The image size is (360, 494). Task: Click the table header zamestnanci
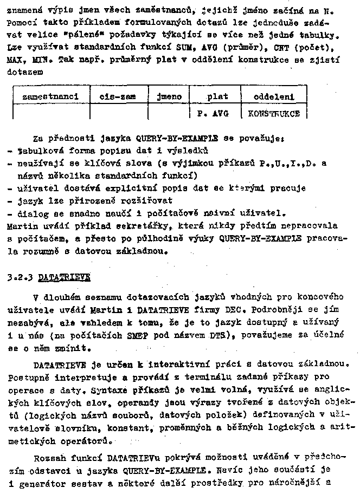pos(51,97)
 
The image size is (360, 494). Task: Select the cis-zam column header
pos(118,97)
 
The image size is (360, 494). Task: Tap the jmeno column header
pos(169,97)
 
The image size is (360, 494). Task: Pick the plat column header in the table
pos(217,97)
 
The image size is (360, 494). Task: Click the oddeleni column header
pos(274,97)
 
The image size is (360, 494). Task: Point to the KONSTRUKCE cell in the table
pos(274,114)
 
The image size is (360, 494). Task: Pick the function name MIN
pos(40,59)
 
